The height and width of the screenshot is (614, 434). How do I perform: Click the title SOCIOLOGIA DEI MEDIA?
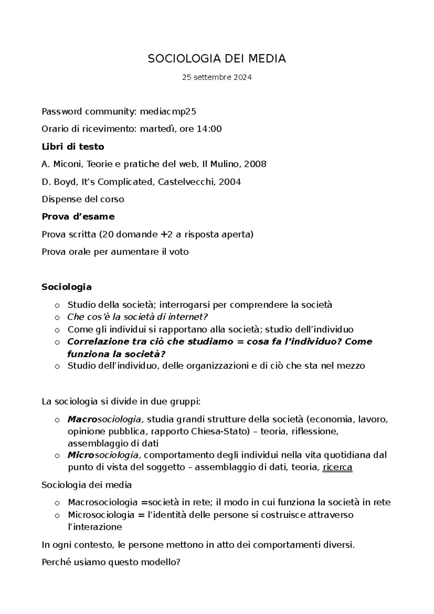click(x=217, y=59)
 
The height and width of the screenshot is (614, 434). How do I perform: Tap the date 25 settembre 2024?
click(x=217, y=77)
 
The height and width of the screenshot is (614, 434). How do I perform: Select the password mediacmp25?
click(x=168, y=112)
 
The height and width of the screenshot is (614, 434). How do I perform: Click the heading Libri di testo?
click(x=73, y=147)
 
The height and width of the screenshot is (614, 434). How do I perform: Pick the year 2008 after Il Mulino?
click(x=255, y=164)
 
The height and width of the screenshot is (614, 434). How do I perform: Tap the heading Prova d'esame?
click(x=78, y=216)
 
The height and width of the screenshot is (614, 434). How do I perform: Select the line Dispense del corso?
click(x=83, y=199)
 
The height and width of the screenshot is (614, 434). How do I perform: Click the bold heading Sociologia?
click(x=67, y=287)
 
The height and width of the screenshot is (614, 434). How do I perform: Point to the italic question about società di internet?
click(x=138, y=317)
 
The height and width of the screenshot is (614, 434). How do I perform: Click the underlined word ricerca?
click(x=337, y=467)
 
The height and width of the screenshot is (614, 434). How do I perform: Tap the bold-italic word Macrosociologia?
click(x=105, y=420)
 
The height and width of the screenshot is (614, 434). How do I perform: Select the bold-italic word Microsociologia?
click(x=103, y=455)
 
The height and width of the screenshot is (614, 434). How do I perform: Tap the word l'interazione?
click(x=95, y=527)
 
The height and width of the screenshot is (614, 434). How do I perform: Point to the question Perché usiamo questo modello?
click(x=111, y=562)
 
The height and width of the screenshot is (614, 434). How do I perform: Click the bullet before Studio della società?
click(x=57, y=306)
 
